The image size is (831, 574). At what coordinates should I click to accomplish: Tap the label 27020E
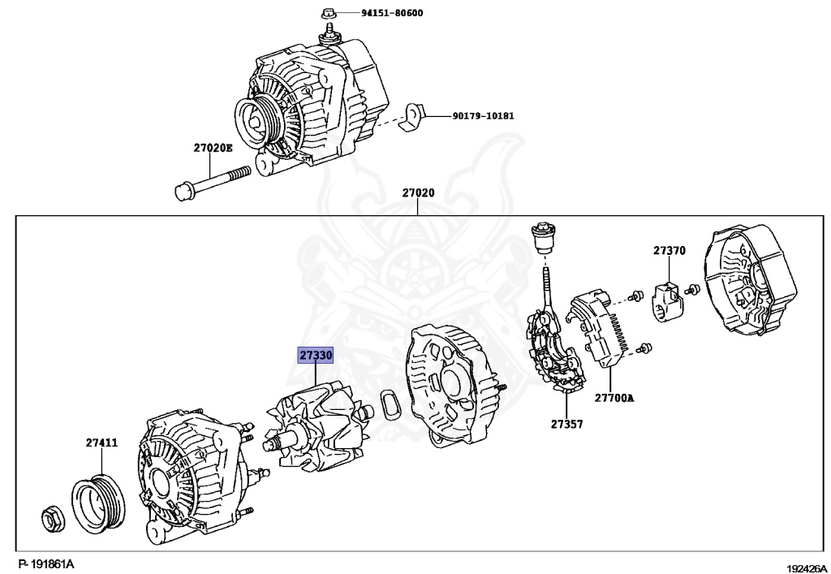point(213,148)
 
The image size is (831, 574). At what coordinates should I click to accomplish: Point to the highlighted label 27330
point(316,356)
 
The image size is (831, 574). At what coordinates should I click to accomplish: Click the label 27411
point(102,442)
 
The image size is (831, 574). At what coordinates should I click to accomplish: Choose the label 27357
point(566,424)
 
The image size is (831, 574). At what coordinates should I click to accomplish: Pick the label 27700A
point(614,398)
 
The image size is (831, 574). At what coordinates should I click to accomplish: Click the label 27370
point(670,251)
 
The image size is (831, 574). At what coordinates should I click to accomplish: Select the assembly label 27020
point(418,193)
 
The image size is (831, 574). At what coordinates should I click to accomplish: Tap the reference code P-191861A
point(46,563)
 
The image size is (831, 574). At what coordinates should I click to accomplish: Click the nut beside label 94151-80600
point(328,13)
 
